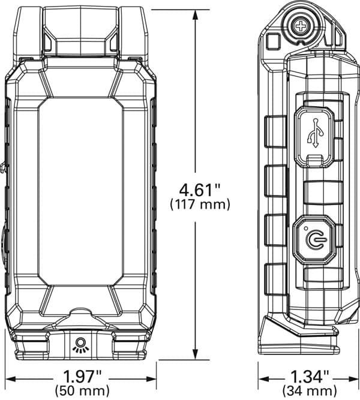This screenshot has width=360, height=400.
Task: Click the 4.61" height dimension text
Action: (196, 190)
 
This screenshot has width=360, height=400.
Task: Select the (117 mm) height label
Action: (196, 204)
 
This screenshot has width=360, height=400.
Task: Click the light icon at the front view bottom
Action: (79, 344)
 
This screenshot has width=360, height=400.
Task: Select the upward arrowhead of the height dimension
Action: (196, 14)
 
